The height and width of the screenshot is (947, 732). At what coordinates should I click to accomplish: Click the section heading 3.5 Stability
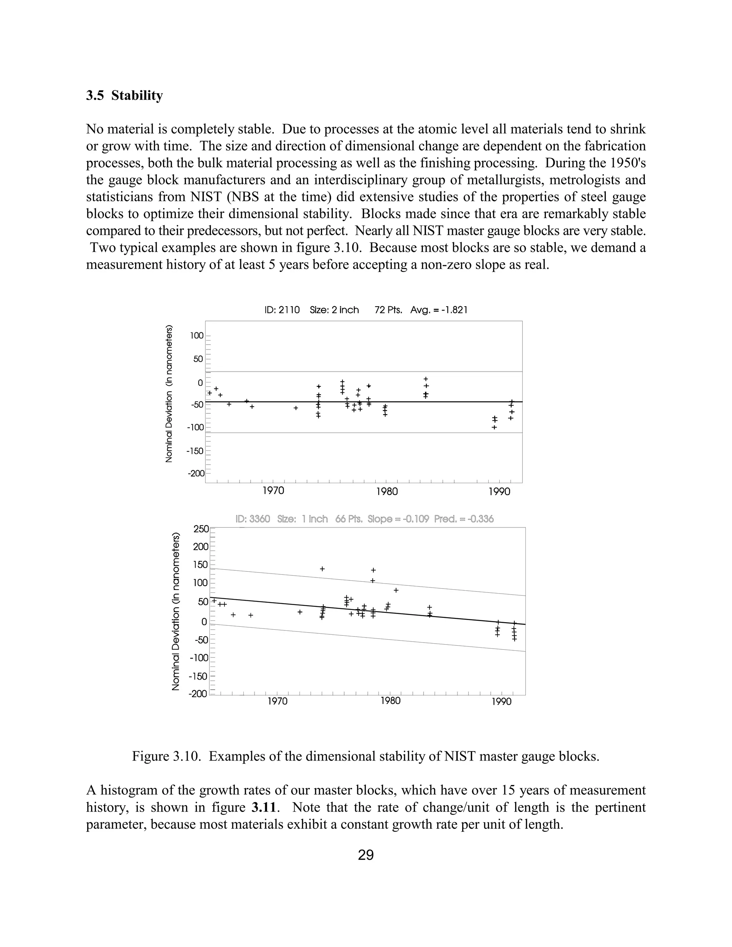point(124,95)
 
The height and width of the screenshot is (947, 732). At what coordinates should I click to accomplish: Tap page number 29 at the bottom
point(366,855)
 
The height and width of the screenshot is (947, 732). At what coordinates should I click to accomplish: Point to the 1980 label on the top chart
point(387,491)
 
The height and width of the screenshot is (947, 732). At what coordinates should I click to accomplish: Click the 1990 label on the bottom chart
point(501,701)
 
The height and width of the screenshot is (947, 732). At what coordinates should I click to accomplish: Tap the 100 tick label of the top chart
point(197,336)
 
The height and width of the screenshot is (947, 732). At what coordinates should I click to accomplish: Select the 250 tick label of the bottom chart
point(201,529)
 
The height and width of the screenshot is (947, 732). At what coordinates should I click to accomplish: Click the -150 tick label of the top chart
point(195,451)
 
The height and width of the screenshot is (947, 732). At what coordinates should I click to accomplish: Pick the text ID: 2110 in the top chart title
point(282,310)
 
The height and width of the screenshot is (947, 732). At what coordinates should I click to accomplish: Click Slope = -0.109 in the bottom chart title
point(398,519)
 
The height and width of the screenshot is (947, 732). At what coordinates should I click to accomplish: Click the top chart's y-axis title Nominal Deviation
point(169,393)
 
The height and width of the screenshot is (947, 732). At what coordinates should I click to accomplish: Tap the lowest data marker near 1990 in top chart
point(494,427)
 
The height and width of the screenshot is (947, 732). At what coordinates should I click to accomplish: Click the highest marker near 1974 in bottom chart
point(322,569)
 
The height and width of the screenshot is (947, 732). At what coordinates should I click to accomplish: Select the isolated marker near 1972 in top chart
point(296,408)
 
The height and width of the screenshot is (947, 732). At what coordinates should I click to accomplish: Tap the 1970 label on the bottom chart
point(277,701)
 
